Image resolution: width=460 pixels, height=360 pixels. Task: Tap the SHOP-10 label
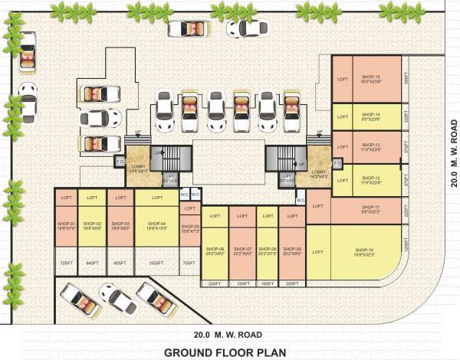pos(363,250)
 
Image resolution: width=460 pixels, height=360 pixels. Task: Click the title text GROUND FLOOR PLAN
pos(223,352)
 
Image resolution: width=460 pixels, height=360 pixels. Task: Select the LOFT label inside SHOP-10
pos(318,252)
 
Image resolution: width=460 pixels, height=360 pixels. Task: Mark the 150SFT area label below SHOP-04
pos(157,263)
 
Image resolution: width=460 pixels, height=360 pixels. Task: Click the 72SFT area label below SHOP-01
pos(65,263)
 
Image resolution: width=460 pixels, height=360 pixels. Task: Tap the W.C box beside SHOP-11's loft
pos(301,201)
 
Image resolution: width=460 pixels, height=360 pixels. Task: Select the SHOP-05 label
pos(190,227)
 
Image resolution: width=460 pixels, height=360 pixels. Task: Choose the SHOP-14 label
pos(372,116)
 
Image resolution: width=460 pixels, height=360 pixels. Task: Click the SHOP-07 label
pos(243,250)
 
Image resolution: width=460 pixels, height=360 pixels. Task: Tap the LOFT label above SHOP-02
pos(92,198)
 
